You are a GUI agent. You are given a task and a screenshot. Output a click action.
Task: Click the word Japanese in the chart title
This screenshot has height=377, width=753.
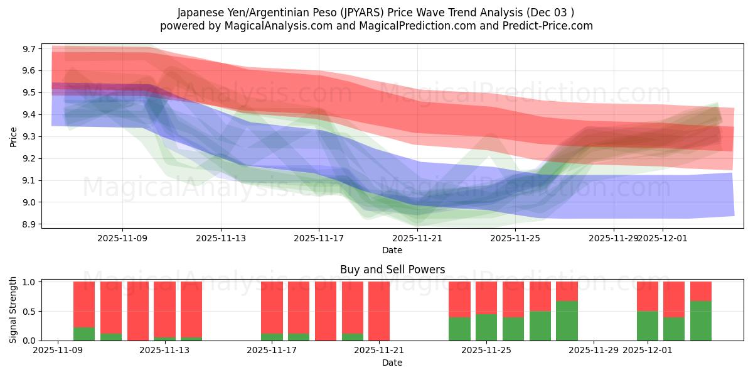point(200,12)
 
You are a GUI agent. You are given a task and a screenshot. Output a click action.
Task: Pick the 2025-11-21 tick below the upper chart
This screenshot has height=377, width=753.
point(417,238)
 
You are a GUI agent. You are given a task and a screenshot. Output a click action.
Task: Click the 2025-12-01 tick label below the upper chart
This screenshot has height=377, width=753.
point(663,238)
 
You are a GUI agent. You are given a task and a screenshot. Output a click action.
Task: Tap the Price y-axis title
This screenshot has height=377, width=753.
point(14,136)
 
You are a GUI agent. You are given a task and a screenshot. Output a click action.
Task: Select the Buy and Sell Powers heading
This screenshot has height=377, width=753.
point(392,270)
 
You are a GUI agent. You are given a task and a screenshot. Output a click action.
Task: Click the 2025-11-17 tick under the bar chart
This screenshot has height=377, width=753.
point(272,351)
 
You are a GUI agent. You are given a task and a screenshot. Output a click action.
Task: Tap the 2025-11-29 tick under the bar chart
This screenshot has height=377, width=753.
point(594,351)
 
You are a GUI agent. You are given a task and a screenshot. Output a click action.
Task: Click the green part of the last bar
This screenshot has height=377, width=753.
point(701,321)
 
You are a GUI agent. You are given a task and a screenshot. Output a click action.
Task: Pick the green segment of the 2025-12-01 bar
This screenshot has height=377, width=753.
point(648,326)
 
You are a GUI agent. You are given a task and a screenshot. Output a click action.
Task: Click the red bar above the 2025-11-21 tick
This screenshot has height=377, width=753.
point(379,311)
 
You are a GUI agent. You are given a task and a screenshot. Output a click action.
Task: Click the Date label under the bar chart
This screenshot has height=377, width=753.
point(392,363)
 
